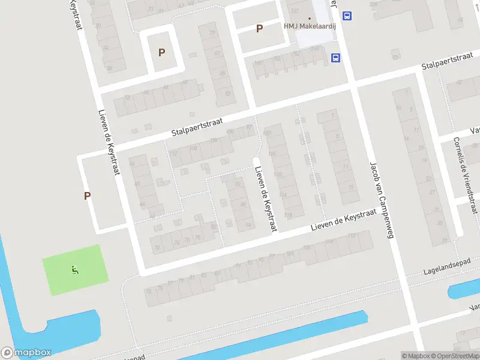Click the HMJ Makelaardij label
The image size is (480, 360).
(310, 27)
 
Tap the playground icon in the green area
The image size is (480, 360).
(75, 271)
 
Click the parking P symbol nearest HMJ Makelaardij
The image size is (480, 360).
(259, 28)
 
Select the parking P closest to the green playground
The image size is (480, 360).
(88, 196)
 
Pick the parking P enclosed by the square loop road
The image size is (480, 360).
(161, 52)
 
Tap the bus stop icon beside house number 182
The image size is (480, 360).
(336, 58)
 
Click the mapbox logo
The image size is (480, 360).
(26, 353)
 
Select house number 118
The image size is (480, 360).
(288, 214)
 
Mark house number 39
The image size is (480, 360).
(444, 240)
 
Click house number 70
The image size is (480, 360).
(157, 247)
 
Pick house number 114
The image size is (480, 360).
(284, 194)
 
